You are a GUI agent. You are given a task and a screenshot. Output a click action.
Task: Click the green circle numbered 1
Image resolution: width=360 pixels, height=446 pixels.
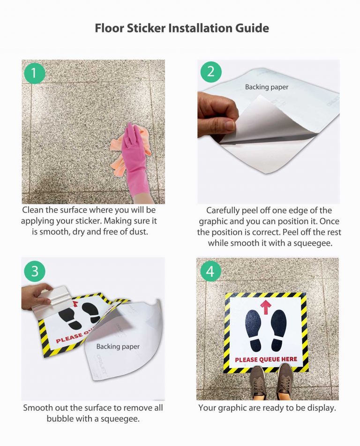tap(34, 73)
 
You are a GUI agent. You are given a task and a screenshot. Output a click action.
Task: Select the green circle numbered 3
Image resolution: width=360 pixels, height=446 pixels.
tap(34, 271)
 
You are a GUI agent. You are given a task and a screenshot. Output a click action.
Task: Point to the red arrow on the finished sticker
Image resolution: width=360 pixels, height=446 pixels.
tap(265, 307)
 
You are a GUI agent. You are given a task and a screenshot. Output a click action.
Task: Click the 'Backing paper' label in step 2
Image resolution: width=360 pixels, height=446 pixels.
tap(267, 87)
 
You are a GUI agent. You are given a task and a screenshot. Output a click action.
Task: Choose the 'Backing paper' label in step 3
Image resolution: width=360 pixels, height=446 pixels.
tap(118, 347)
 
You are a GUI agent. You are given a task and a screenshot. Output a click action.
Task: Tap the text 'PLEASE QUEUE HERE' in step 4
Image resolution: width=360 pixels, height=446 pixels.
tap(266, 360)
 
